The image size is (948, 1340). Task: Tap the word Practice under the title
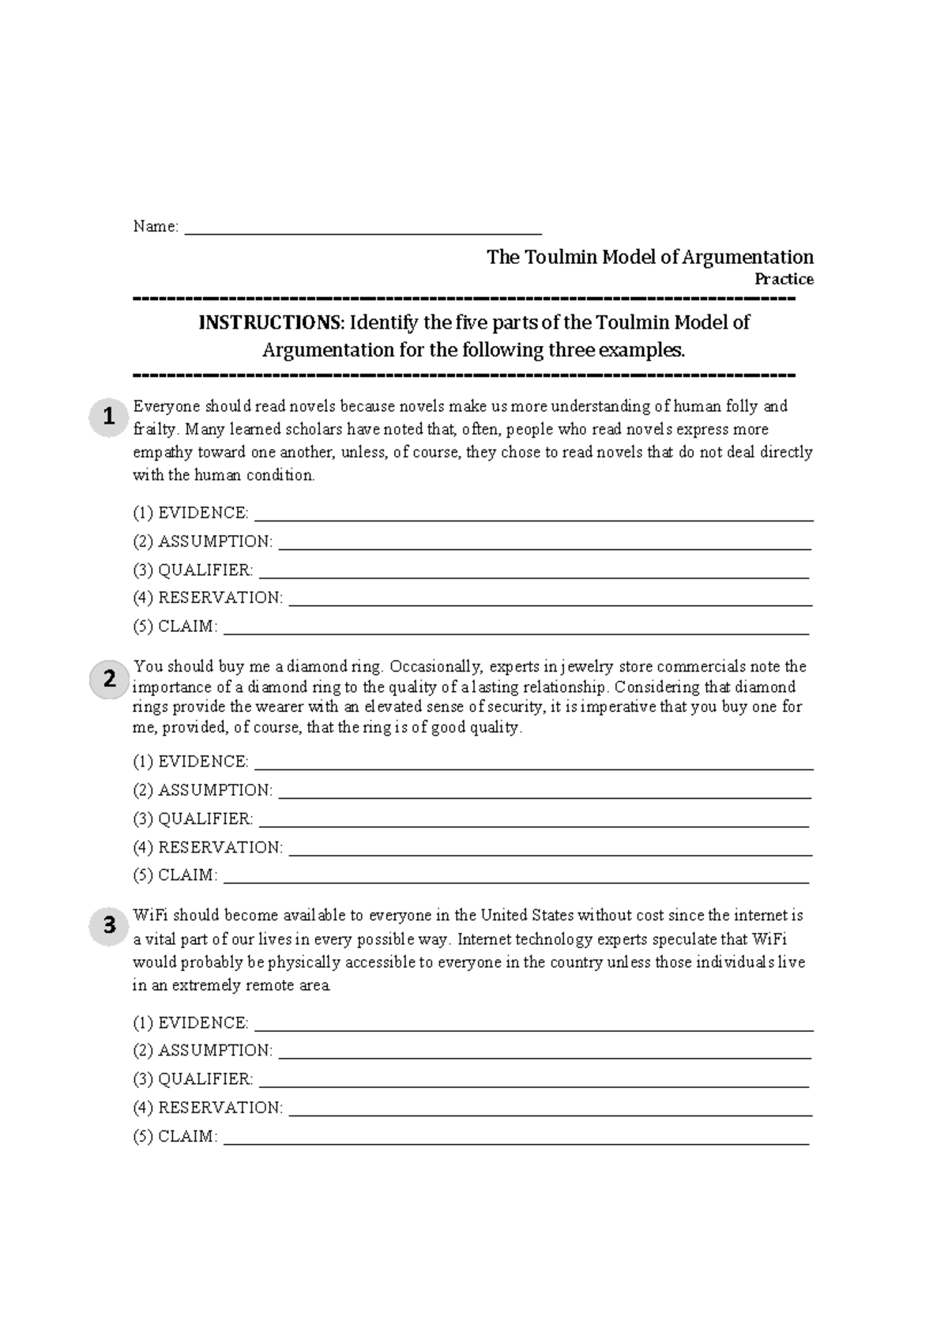(784, 279)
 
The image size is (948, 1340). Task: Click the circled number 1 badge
(109, 416)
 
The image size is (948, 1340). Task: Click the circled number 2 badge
(109, 679)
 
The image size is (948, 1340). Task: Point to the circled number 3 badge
(109, 924)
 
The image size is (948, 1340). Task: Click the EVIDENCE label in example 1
(203, 513)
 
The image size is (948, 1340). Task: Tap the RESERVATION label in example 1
(220, 598)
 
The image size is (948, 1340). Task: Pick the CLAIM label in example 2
(187, 875)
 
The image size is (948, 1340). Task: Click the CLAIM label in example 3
(187, 1137)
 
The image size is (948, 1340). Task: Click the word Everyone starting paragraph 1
(167, 407)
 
